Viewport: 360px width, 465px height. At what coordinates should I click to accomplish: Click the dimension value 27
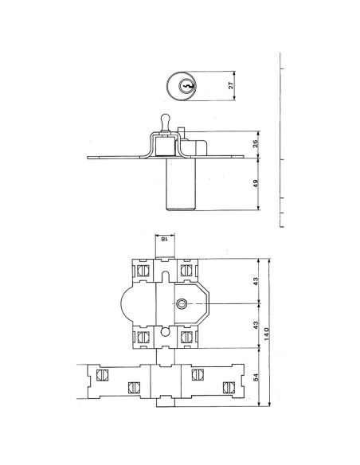[x=232, y=87]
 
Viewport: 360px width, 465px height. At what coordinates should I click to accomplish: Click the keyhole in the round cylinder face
[x=186, y=87]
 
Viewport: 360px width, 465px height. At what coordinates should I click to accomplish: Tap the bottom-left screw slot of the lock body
[x=144, y=338]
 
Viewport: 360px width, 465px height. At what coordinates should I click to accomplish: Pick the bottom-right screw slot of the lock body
[x=187, y=338]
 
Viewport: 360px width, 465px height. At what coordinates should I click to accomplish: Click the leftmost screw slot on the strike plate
[x=102, y=374]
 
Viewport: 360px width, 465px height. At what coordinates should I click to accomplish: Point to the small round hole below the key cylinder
[x=165, y=332]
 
